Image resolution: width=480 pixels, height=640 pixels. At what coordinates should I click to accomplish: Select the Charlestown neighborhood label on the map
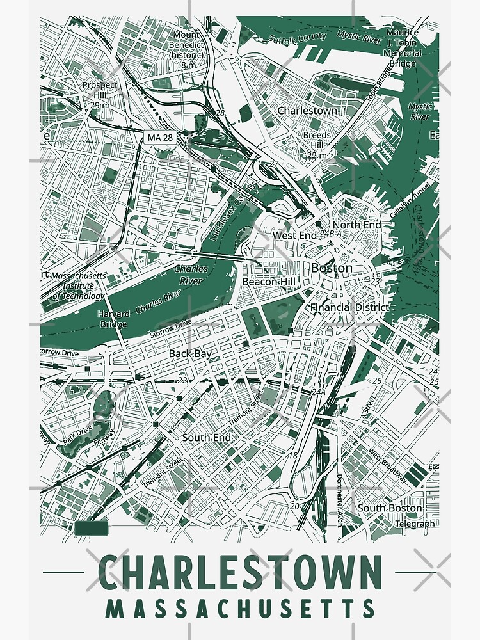point(307,111)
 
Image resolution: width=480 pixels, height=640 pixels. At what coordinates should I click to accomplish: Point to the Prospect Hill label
point(100,90)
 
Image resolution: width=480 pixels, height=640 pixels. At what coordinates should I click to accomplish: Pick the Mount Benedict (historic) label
point(186,49)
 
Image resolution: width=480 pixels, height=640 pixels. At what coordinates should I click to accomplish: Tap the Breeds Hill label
point(317,145)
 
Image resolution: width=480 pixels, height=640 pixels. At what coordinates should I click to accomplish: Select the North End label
point(356,225)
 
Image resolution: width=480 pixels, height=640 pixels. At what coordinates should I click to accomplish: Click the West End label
point(295,236)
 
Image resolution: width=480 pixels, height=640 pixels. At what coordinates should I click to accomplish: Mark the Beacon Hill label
point(268,281)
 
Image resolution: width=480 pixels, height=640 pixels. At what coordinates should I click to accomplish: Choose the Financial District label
point(349,307)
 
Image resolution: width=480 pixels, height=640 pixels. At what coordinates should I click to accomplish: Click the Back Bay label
point(190,353)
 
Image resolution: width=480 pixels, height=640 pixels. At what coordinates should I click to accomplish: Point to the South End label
point(206,437)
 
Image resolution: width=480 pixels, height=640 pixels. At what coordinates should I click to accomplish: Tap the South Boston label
point(390,508)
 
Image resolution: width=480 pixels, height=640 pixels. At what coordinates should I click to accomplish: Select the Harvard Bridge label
point(114,318)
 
